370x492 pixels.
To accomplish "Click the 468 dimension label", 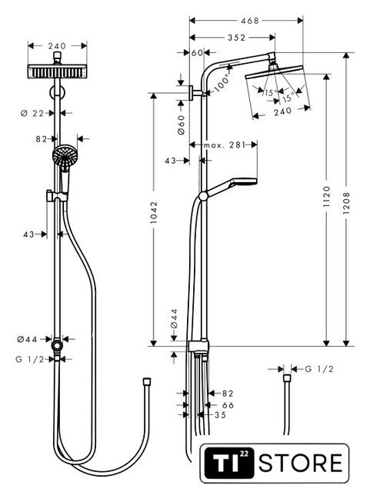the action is (249, 21).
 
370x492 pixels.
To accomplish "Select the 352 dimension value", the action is (236, 38).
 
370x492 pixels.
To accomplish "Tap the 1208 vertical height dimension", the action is (346, 203).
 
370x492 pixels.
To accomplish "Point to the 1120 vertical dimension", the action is (327, 197).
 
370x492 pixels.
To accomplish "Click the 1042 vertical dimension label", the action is (154, 212).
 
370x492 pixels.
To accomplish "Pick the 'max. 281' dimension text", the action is (224, 145).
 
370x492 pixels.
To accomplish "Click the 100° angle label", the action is (222, 82).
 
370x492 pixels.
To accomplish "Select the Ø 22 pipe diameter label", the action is (32, 113).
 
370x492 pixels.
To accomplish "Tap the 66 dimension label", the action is (228, 405).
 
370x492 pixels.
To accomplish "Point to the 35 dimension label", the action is (220, 415).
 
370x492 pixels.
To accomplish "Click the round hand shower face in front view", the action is (65, 155).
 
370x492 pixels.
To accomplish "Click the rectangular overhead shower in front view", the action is (57, 71).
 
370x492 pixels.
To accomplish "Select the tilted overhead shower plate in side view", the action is (274, 71).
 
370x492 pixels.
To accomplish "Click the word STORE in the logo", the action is (300, 463).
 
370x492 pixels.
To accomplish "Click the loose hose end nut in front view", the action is (146, 381).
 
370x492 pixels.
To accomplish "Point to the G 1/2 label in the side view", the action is (319, 369).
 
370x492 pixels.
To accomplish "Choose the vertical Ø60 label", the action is (182, 125).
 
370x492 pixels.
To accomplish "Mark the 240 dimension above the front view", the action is (57, 46).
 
